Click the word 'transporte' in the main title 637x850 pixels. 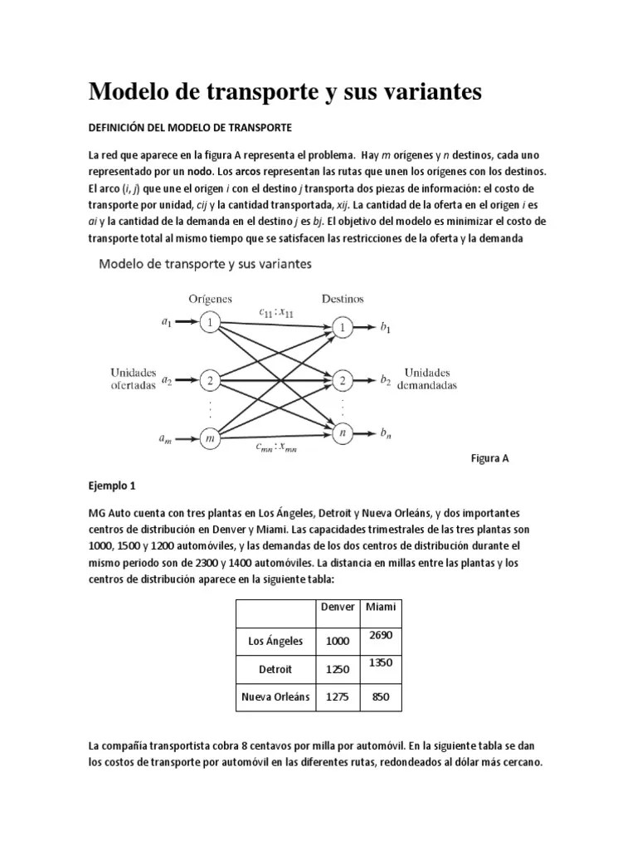click(x=261, y=93)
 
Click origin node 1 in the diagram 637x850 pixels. click(x=211, y=323)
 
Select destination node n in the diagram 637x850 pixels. click(x=341, y=432)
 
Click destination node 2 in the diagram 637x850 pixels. click(x=341, y=380)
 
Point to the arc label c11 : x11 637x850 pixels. click(x=276, y=312)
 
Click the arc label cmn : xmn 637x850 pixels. click(x=276, y=447)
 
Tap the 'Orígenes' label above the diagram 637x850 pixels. click(x=210, y=299)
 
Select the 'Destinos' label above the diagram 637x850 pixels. click(x=341, y=299)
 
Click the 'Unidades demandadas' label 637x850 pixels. click(x=428, y=379)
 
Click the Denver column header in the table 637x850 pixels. click(x=338, y=608)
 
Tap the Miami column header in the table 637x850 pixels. click(x=381, y=608)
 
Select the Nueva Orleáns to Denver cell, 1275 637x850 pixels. click(x=338, y=696)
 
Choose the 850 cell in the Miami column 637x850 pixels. click(x=381, y=696)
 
